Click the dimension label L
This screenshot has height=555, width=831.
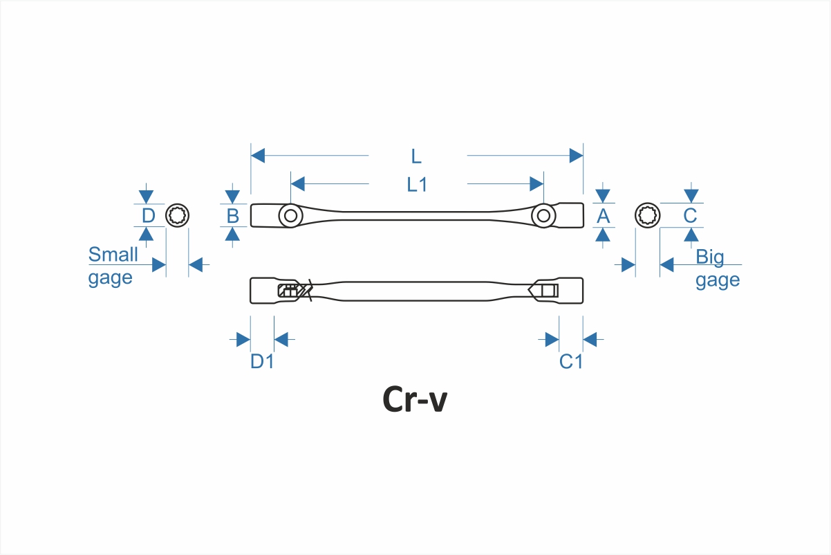click(416, 156)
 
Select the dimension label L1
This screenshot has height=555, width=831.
click(417, 185)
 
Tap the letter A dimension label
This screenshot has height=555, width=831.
click(604, 217)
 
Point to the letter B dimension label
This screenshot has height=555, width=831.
click(233, 217)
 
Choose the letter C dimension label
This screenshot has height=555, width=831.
click(690, 216)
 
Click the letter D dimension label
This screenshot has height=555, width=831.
click(148, 216)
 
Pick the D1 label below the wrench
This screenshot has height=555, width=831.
click(262, 361)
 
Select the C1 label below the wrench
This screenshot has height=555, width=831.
click(571, 361)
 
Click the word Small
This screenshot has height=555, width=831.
click(113, 255)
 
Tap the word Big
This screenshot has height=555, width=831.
click(710, 257)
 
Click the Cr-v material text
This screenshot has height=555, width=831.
click(415, 400)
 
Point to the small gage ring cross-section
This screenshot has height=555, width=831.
click(178, 216)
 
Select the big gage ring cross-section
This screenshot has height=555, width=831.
click(648, 216)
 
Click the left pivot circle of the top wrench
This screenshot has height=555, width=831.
click(290, 216)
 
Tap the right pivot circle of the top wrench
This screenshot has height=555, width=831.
click(544, 216)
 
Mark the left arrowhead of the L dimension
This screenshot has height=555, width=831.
click(258, 156)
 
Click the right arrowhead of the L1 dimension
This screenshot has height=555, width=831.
click(536, 184)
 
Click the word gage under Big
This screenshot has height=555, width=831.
click(718, 280)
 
